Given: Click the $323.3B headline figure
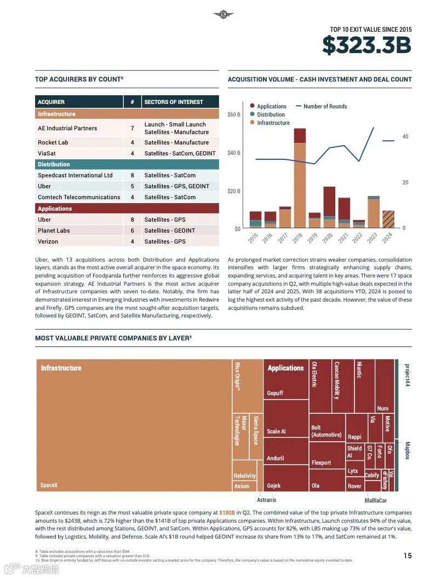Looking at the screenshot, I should (366, 45).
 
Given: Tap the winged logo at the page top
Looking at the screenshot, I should (223, 14).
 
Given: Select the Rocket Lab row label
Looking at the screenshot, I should (53, 142).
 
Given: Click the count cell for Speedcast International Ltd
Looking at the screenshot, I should (132, 175).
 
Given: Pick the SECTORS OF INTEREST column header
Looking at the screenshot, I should (174, 102).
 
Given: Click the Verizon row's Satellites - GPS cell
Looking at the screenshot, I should (165, 241).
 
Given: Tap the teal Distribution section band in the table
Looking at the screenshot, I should (127, 164).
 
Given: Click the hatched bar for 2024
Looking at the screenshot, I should (388, 219).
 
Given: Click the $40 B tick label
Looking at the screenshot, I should (234, 153).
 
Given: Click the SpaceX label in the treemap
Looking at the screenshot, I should (49, 485).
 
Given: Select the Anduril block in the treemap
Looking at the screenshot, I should (275, 458).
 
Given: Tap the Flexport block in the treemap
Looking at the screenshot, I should (322, 463).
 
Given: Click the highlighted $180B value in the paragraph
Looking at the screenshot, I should (227, 512).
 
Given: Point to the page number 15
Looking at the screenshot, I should (408, 556).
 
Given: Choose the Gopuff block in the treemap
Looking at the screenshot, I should (275, 393).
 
